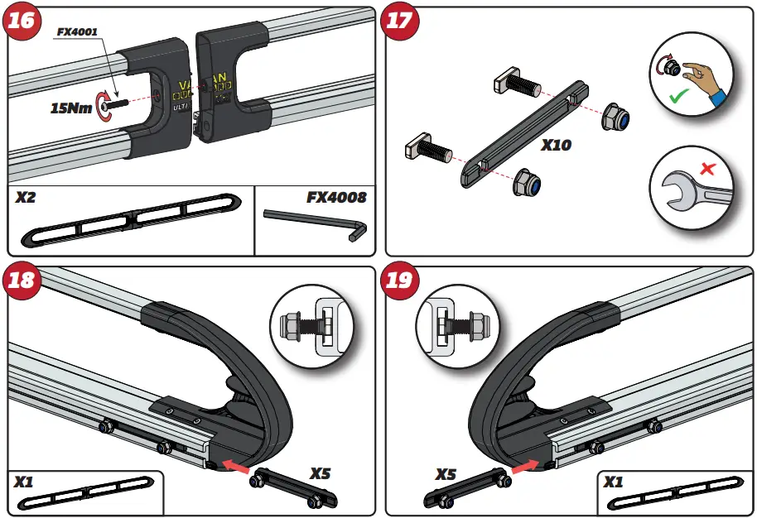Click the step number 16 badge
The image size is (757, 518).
pyautogui.click(x=22, y=22)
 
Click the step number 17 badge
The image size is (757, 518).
pyautogui.click(x=400, y=22)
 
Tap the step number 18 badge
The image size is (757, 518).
pyautogui.click(x=22, y=281)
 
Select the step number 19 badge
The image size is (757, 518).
pyautogui.click(x=400, y=281)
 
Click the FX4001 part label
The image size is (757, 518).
pyautogui.click(x=77, y=31)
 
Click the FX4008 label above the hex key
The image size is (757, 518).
pyautogui.click(x=336, y=198)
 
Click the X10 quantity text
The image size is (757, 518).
pyautogui.click(x=556, y=145)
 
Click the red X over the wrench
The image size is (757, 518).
pyautogui.click(x=707, y=169)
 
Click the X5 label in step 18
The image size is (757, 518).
pyautogui.click(x=321, y=473)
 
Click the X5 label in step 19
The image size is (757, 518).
pyautogui.click(x=446, y=474)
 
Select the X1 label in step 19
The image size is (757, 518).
pyautogui.click(x=614, y=482)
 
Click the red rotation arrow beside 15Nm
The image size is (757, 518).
pyautogui.click(x=105, y=103)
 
